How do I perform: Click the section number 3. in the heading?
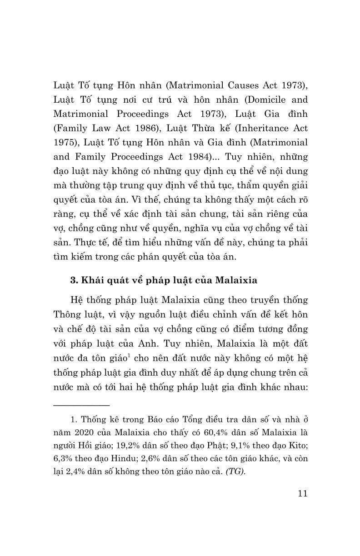pos(74,280)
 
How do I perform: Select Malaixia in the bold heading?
pos(236,280)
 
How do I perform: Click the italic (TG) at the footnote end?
pos(236,471)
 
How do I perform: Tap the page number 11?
pos(300,494)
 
